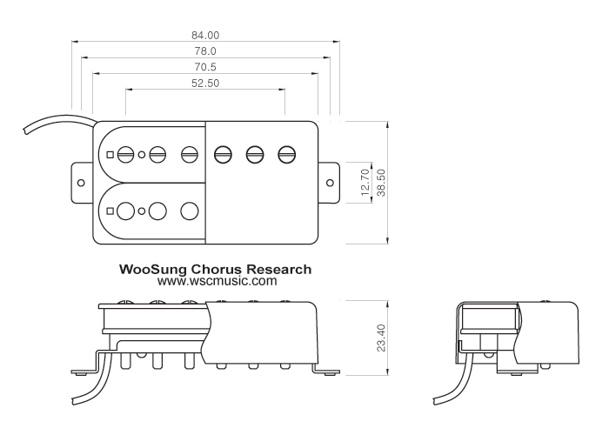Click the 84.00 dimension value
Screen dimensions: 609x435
tap(205, 36)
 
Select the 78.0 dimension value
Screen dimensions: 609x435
tap(205, 51)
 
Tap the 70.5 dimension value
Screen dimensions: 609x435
tap(205, 67)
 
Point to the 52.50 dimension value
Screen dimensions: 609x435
tap(205, 84)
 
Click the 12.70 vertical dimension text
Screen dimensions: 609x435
tap(365, 182)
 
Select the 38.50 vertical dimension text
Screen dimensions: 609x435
tap(381, 182)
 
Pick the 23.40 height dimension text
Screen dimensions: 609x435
tap(381, 338)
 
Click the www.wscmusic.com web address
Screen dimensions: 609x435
tap(217, 281)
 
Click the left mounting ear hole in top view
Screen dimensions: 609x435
tap(81, 183)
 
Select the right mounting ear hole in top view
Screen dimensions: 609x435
tap(330, 183)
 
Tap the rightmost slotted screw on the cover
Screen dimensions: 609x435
tap(286, 155)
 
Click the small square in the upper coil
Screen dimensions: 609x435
tap(110, 155)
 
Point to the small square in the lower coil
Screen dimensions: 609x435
tap(110, 211)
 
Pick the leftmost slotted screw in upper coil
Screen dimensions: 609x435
tap(125, 155)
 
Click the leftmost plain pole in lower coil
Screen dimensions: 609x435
tap(125, 211)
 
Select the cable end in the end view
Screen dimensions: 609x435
tap(435, 401)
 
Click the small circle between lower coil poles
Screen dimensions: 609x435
tap(142, 211)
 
